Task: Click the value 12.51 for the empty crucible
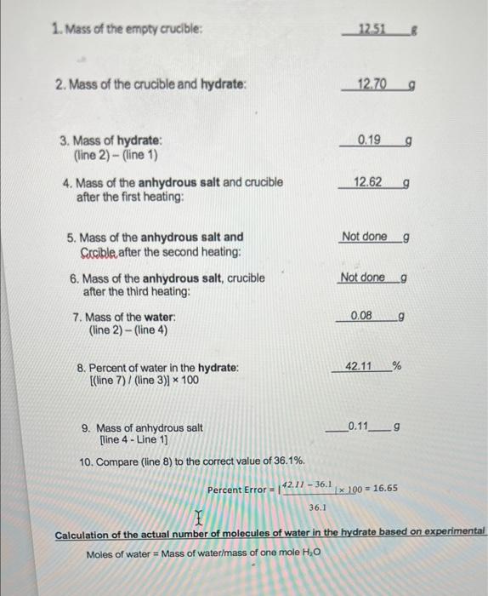[x=372, y=31]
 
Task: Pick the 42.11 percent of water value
[x=362, y=366]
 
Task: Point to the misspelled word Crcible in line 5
[x=100, y=252]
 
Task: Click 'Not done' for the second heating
[x=364, y=236]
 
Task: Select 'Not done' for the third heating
[x=362, y=278]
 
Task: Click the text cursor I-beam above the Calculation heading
[x=199, y=518]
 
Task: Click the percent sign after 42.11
[x=396, y=366]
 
